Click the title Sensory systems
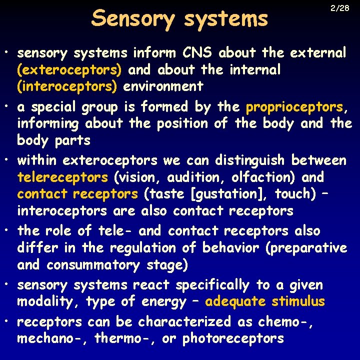pyautogui.click(x=180, y=19)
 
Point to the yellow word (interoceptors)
pyautogui.click(x=67, y=86)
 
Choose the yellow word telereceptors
pyautogui.click(x=62, y=177)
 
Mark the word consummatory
pyautogui.click(x=96, y=265)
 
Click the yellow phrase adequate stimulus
pyautogui.click(x=265, y=302)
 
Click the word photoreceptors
pyautogui.click(x=233, y=338)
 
